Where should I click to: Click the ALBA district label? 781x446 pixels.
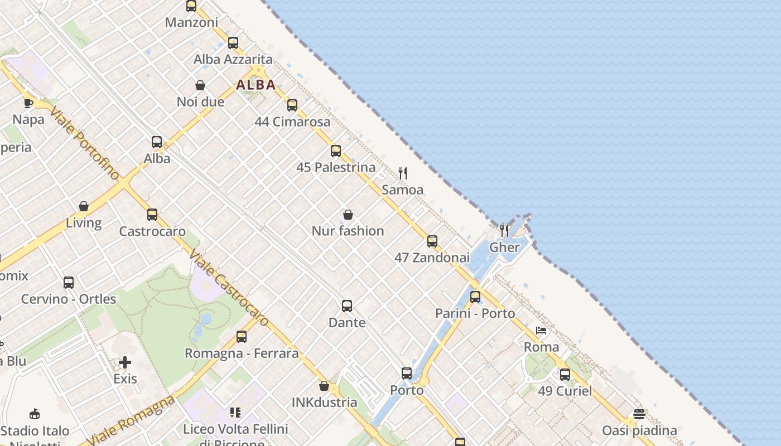tap(256, 85)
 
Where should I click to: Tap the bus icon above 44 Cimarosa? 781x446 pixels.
tap(292, 105)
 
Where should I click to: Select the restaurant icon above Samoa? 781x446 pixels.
tap(403, 173)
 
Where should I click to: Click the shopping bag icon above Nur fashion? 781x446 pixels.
tap(348, 215)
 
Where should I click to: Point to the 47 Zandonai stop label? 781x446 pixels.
tap(432, 258)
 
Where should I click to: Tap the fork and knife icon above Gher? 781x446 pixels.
tap(504, 230)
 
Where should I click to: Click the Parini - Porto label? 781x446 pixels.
tap(475, 313)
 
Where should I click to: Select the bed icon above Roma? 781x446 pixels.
tap(541, 331)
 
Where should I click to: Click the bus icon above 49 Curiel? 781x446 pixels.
tap(565, 374)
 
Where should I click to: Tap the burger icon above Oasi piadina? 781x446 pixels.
tap(639, 414)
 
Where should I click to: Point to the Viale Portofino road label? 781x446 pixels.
tap(84, 144)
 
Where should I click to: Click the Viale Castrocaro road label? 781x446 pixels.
tap(229, 288)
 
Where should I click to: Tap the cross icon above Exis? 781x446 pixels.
tap(125, 363)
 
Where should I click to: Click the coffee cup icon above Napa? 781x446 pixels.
tap(28, 103)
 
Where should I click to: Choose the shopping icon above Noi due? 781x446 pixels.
tap(200, 85)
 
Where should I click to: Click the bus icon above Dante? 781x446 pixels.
tap(347, 306)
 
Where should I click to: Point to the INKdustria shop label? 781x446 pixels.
tap(324, 402)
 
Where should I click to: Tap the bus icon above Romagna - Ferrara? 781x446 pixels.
tap(242, 337)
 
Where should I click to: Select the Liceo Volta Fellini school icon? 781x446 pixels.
tap(235, 413)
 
